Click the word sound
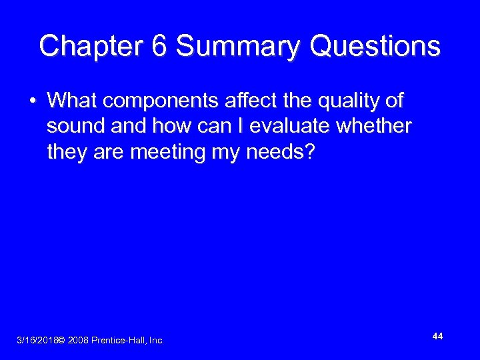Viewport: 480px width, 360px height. click(73, 127)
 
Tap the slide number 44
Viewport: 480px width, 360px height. click(437, 337)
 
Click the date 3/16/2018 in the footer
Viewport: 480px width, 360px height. click(36, 341)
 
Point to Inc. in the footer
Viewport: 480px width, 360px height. click(157, 341)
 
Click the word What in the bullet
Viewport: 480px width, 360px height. click(72, 101)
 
